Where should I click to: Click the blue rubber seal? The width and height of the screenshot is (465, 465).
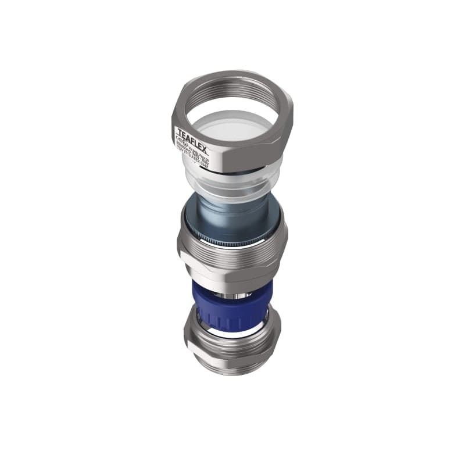[233, 308]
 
